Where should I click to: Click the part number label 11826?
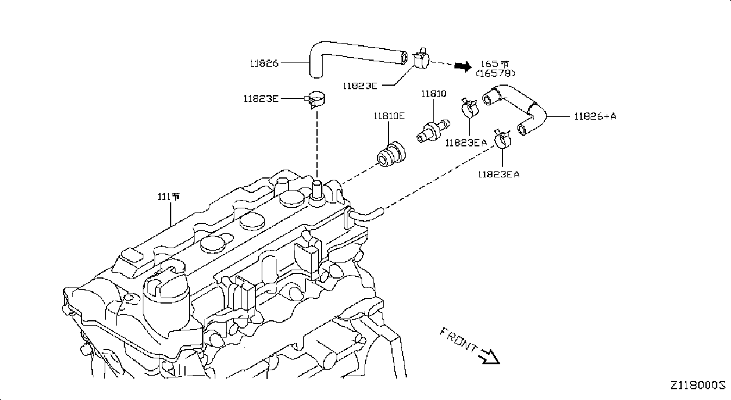[x=264, y=63]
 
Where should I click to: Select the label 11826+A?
[x=595, y=116]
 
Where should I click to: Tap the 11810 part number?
[x=434, y=94]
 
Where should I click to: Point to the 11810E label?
[x=389, y=116]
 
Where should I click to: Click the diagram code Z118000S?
[x=698, y=386]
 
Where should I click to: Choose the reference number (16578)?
[x=495, y=73]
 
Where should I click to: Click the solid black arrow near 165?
[x=463, y=67]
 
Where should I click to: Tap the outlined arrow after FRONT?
[x=489, y=357]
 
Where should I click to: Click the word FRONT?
[x=458, y=340]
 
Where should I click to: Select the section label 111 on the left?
[x=168, y=196]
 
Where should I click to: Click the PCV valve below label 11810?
[x=434, y=131]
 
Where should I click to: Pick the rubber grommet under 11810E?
[x=391, y=154]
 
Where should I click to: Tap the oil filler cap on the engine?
[x=166, y=298]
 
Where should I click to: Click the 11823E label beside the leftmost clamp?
[x=261, y=99]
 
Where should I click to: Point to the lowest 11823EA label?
[x=498, y=174]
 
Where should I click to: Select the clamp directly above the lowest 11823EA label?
[x=503, y=139]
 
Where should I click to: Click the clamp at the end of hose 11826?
[x=421, y=60]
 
